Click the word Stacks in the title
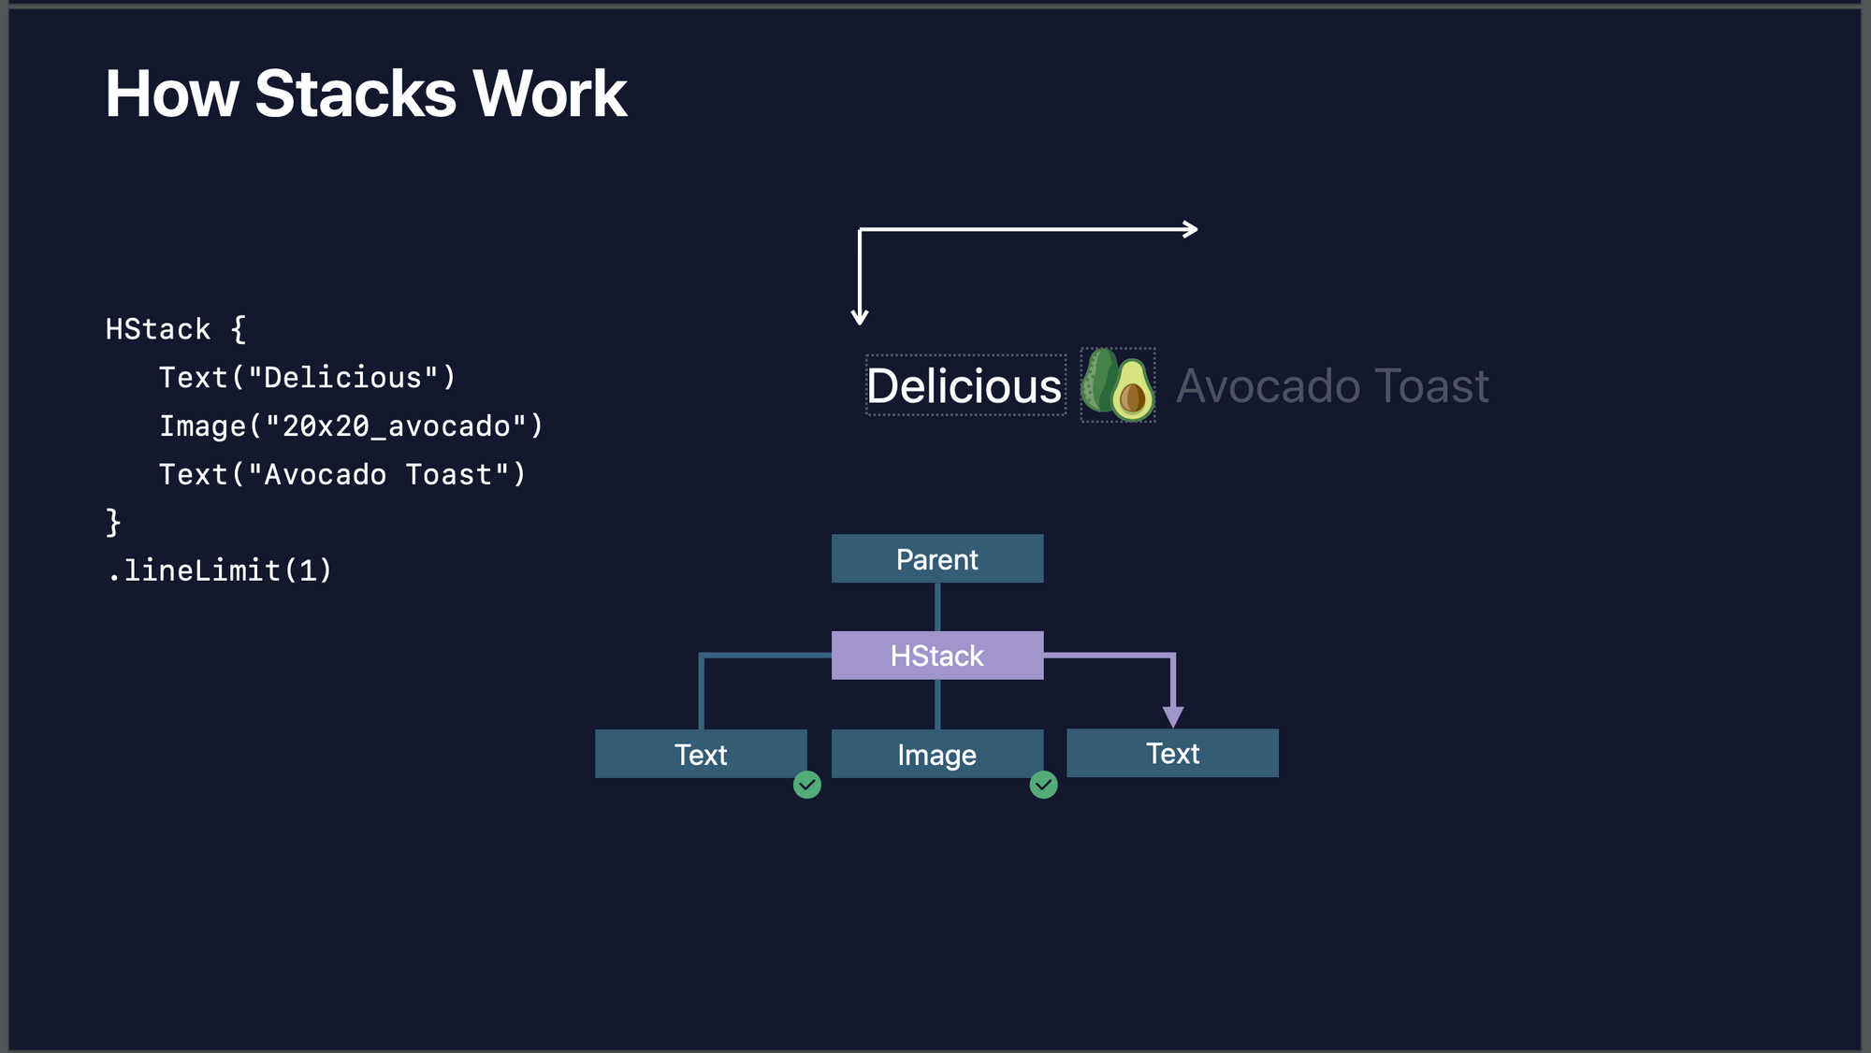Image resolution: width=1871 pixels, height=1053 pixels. coord(355,94)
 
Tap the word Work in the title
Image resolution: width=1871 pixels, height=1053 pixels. coord(549,94)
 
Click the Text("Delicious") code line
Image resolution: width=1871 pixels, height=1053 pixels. coord(307,378)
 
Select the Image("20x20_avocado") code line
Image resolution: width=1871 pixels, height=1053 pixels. coord(351,426)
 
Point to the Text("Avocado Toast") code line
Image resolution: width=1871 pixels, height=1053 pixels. coord(342,475)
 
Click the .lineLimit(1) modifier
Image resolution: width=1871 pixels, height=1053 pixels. coord(219,570)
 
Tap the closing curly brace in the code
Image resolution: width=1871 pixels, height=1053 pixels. coord(113,522)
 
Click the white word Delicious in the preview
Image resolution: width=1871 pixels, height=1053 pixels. coord(965,386)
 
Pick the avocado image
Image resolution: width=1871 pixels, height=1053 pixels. coord(1118,385)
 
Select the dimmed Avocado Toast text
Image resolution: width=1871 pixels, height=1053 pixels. coord(1332,386)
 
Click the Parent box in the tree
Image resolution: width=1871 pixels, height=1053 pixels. coord(937,559)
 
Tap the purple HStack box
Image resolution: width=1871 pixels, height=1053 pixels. coord(937,656)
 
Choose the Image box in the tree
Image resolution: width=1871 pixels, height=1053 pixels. coord(937,754)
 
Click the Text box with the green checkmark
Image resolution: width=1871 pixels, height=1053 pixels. coord(701,754)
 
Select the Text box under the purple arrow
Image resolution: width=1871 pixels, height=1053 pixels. coord(1172,753)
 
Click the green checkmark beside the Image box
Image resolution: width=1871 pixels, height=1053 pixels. coord(1043,785)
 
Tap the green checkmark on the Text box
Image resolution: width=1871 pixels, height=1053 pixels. coord(807,785)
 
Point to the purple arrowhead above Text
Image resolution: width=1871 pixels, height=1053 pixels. coord(1173,716)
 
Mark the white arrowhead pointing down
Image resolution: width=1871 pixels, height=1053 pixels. coord(860,316)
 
